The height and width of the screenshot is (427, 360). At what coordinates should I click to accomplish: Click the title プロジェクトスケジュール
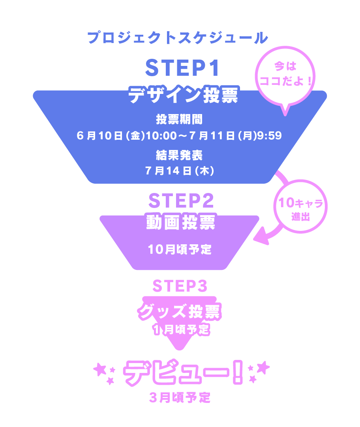tap(178, 38)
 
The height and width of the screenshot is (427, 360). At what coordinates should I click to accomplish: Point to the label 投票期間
tap(180, 119)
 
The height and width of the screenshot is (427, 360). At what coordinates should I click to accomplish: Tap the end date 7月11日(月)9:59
tap(235, 136)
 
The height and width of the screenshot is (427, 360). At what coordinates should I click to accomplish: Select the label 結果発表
tap(180, 155)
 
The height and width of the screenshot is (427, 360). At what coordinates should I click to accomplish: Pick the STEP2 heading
tap(181, 202)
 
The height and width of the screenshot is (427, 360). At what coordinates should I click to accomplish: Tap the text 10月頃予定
tap(180, 249)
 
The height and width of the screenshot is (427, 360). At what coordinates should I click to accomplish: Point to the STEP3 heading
tap(180, 286)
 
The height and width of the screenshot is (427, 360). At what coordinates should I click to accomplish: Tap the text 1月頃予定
tap(180, 330)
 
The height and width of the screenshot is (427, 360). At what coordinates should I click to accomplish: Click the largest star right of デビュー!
tap(263, 367)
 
